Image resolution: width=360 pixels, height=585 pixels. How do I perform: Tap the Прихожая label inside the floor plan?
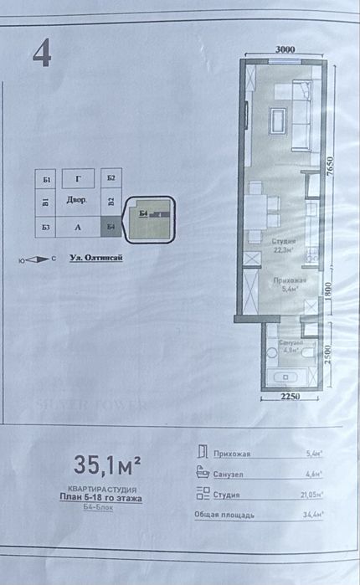click(287, 282)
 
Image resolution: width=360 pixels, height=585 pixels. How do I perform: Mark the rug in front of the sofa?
click(277, 125)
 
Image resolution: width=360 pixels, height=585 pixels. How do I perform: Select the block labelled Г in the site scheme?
click(78, 178)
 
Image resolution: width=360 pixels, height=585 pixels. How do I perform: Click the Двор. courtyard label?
click(78, 202)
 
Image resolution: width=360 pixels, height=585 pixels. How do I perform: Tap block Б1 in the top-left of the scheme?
click(46, 179)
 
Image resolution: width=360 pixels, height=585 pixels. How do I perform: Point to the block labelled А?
click(78, 226)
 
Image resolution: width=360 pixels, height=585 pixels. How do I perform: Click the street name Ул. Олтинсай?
click(95, 259)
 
